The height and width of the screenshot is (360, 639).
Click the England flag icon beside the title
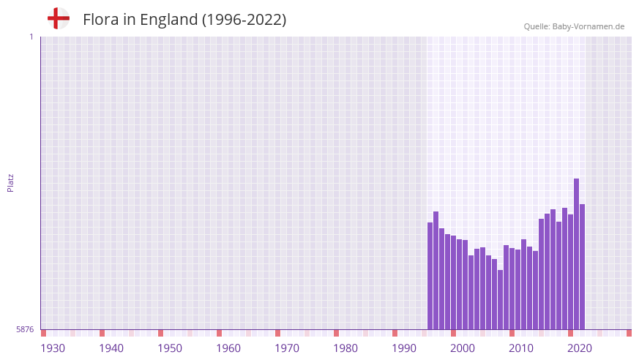[59, 19]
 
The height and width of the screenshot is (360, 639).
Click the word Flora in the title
[100, 20]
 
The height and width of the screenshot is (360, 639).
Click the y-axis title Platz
[10, 182]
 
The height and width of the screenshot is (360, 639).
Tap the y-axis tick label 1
[31, 37]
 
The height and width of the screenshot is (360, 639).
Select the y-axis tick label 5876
[25, 329]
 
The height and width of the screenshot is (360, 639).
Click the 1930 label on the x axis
[53, 348]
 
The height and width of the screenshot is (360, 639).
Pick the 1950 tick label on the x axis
[170, 348]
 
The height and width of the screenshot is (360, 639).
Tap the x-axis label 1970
[287, 348]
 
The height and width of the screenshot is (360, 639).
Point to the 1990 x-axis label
[404, 348]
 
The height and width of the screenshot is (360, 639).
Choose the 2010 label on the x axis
[521, 348]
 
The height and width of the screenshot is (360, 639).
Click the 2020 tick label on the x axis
[580, 348]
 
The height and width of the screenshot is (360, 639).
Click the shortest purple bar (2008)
[501, 300]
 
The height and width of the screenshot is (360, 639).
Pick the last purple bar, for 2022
[583, 267]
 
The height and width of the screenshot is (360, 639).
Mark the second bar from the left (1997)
[436, 271]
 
